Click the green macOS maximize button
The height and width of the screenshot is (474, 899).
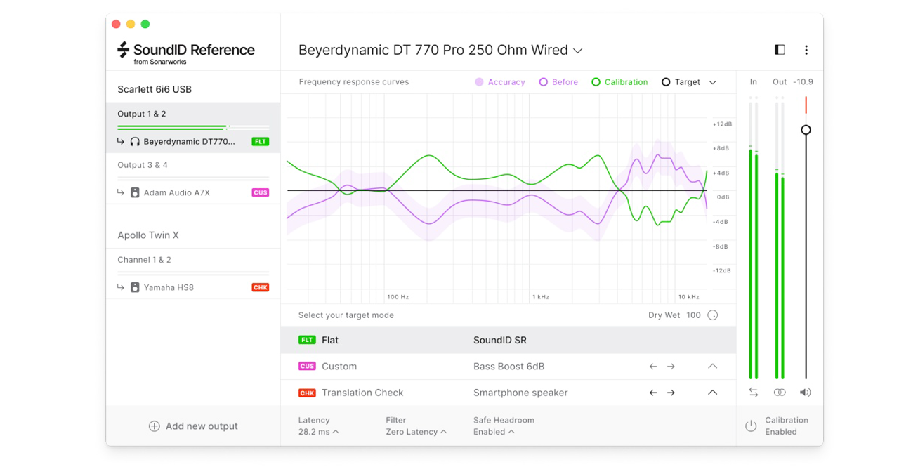[x=145, y=24]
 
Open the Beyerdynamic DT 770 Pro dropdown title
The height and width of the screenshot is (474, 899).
[x=440, y=51]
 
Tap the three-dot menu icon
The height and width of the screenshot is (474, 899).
[x=806, y=50]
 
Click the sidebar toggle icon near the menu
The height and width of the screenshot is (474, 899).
[x=780, y=50]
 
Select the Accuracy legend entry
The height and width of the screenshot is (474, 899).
[x=500, y=82]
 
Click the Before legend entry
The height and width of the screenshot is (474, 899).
[x=558, y=82]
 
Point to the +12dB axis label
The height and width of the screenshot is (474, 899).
[x=722, y=124]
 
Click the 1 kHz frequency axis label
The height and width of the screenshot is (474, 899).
[x=540, y=297]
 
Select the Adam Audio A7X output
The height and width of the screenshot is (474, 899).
[x=176, y=192]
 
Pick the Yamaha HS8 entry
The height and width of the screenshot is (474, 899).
[x=169, y=287]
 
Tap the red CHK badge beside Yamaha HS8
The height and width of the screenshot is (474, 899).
[x=261, y=287]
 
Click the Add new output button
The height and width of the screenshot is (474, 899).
[x=193, y=426]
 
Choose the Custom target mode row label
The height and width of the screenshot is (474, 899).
[x=339, y=367]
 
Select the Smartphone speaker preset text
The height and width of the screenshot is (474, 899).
[x=520, y=393]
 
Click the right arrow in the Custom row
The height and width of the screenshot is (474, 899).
[x=671, y=367]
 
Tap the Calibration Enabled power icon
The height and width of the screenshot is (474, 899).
[x=751, y=426]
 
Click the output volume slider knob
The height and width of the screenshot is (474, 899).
[x=806, y=130]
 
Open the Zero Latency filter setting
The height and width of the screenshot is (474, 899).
[x=416, y=432]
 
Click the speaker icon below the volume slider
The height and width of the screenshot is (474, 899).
[x=806, y=393]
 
